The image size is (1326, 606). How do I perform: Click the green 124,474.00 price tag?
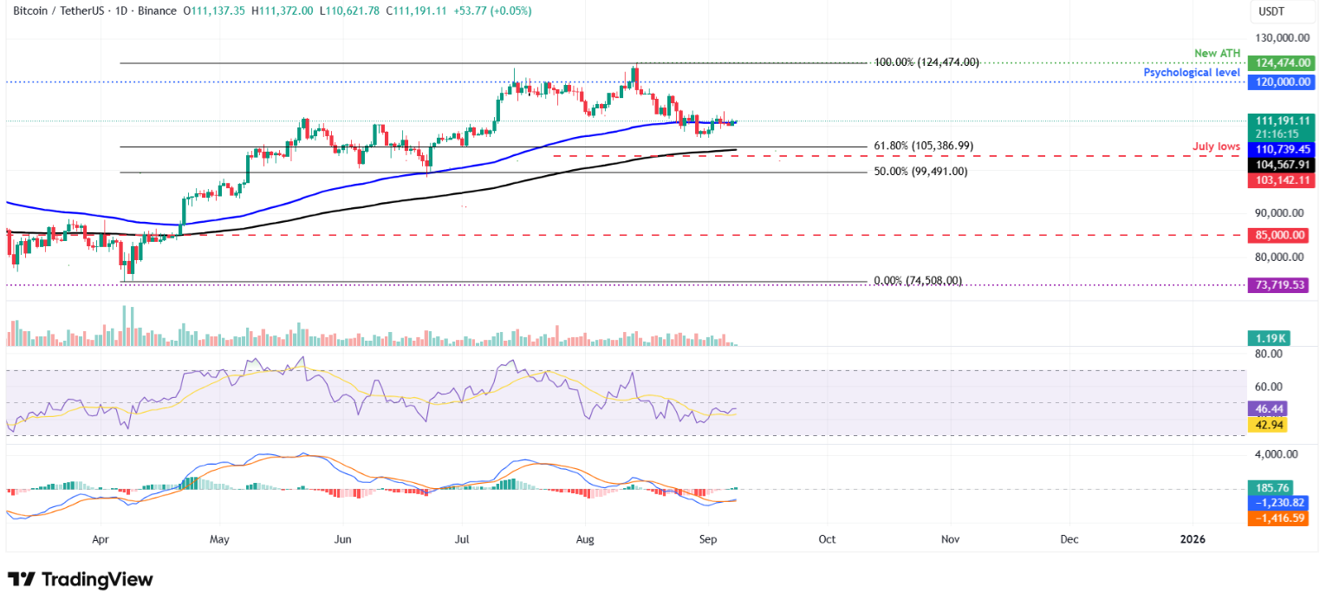coord(1283,63)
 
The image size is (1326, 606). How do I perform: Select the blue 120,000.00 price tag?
coord(1283,82)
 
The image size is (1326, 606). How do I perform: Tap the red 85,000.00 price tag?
coord(1283,235)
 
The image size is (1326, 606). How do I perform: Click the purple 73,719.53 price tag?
coord(1283,284)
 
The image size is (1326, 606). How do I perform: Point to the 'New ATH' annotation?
coord(1217,54)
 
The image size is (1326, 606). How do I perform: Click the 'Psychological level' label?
coord(1192,73)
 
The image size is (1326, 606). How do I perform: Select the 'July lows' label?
coord(1216,147)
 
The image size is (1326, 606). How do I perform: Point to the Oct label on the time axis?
coord(827,538)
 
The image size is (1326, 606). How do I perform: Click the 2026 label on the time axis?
coord(1193,538)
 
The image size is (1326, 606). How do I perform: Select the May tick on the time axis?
coord(219,538)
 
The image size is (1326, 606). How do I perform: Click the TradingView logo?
coord(80,579)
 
